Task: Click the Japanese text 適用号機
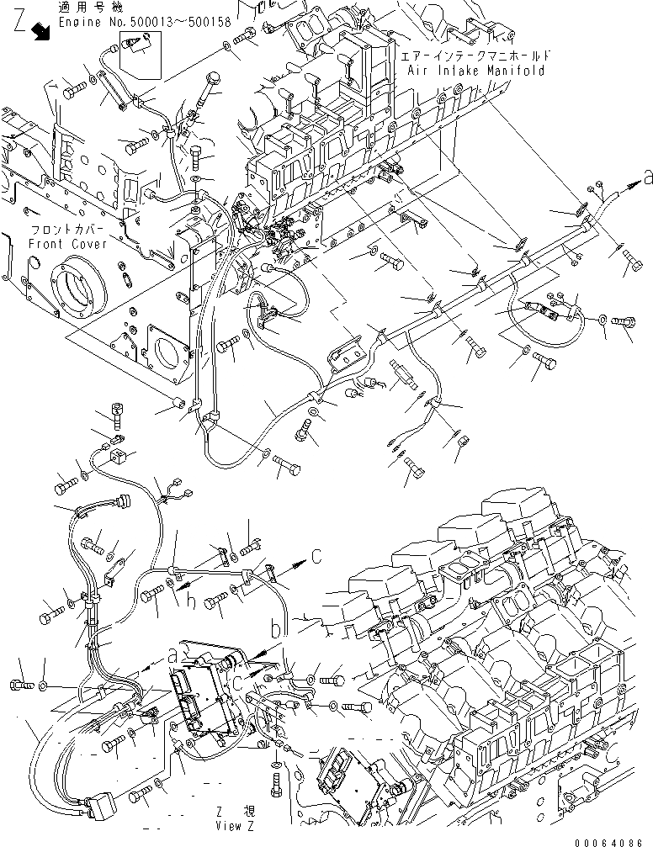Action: tap(82, 8)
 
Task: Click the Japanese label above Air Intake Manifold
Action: tap(476, 56)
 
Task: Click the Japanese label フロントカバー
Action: tap(56, 230)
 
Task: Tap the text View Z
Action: tap(232, 827)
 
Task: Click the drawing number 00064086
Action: tap(616, 839)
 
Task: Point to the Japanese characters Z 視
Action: tap(236, 813)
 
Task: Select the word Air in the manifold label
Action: tap(418, 70)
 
